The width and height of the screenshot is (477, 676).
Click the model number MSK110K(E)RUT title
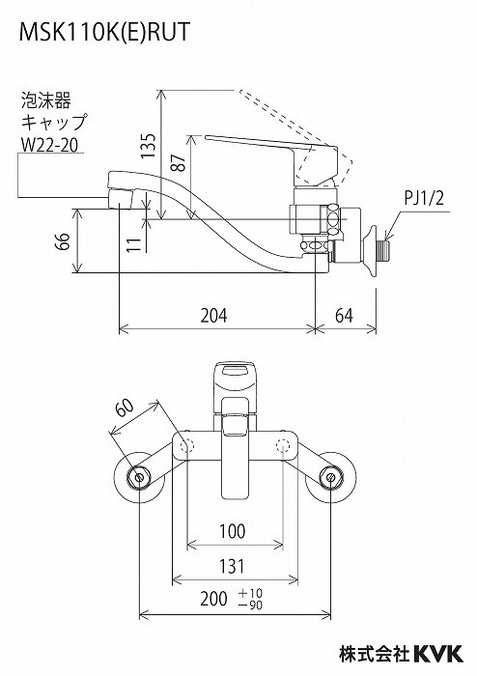(x=104, y=31)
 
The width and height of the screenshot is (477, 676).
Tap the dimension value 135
(x=149, y=146)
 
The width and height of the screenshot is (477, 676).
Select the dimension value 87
(x=179, y=162)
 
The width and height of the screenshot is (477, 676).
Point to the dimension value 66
(x=62, y=241)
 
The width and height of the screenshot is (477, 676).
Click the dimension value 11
(x=134, y=244)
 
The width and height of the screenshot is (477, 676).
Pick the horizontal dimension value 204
(x=213, y=316)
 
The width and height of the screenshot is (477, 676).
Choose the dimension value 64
(x=344, y=316)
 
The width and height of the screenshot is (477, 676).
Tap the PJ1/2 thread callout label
(x=424, y=199)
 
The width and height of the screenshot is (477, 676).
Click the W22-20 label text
(x=49, y=145)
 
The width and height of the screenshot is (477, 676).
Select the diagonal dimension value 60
(x=126, y=408)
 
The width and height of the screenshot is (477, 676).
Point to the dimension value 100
(x=233, y=531)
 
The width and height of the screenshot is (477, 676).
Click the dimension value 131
(x=232, y=566)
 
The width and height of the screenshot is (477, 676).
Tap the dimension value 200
(x=213, y=599)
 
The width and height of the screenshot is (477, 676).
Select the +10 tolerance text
(x=250, y=593)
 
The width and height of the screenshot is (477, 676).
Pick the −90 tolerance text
(x=250, y=605)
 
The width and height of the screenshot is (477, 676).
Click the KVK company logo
(x=438, y=653)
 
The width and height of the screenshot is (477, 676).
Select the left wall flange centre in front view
(x=139, y=477)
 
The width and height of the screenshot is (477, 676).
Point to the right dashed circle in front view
(x=282, y=445)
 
